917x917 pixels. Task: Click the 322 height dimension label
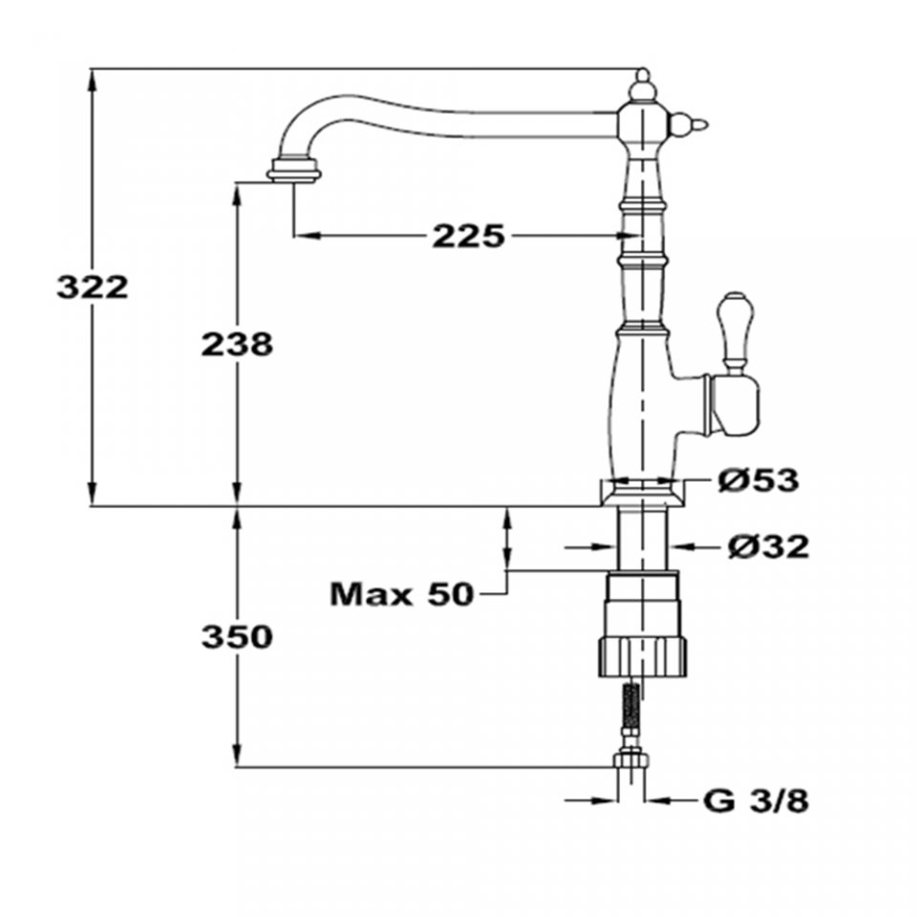92,288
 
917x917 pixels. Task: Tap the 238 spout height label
237,344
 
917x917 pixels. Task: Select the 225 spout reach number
468,236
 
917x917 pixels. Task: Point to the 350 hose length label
237,637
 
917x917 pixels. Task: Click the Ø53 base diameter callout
757,480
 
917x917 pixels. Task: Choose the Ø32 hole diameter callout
768,546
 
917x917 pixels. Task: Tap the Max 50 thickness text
401,594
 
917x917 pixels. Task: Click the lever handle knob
736,331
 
